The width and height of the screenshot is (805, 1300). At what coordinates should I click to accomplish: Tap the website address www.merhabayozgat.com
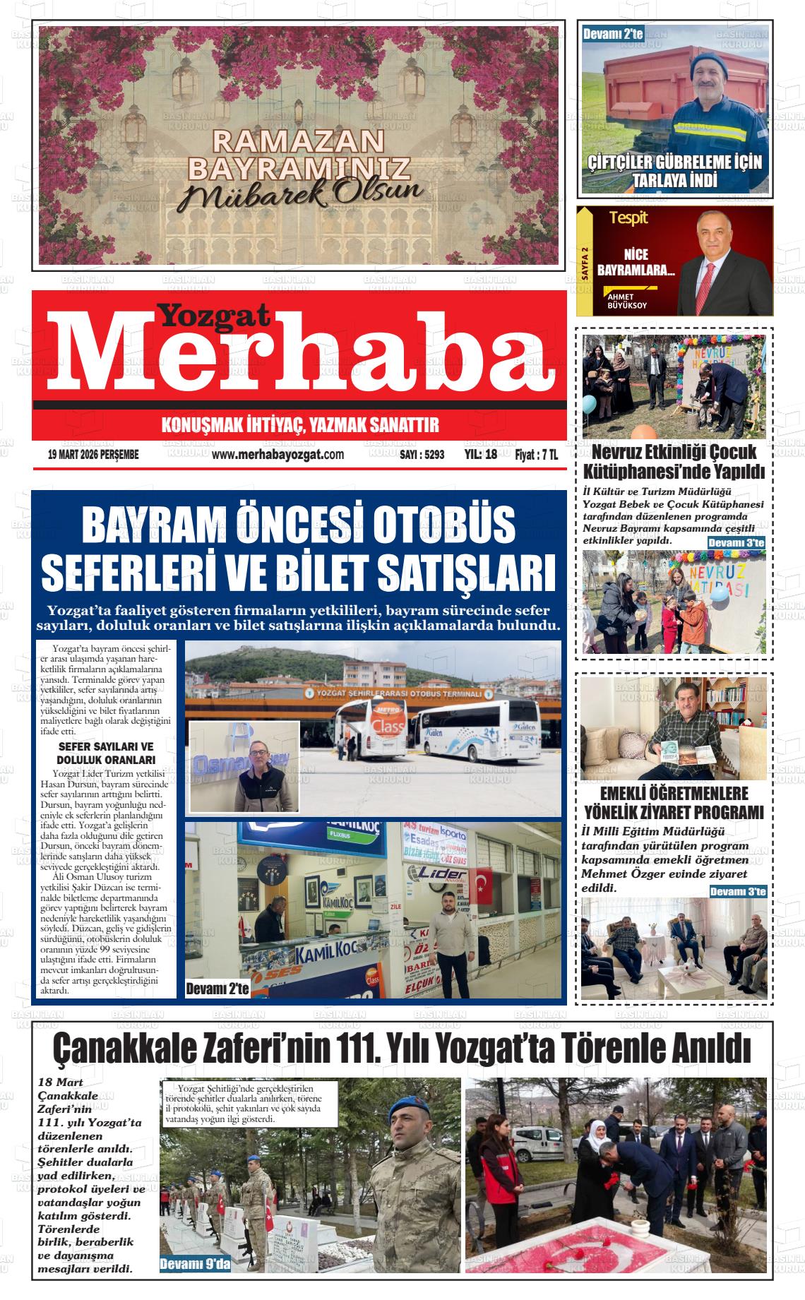coord(278,455)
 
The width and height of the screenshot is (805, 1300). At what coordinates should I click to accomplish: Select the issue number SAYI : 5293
coord(422,455)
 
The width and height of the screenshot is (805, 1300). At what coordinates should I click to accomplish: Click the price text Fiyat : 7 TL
coord(536,455)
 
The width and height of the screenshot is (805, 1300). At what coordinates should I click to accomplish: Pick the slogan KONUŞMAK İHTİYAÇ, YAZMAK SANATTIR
coord(300,425)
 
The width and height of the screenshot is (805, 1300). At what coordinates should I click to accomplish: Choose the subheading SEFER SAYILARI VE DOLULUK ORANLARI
coord(106,753)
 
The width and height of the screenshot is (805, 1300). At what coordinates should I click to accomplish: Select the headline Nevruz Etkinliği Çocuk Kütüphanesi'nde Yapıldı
coord(674,461)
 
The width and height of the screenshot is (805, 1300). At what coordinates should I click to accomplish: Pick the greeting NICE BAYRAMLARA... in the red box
coord(636,262)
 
